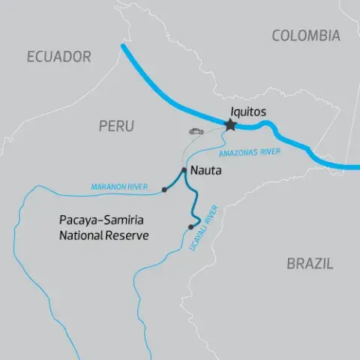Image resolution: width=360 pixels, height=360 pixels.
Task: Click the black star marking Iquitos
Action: [x=229, y=125]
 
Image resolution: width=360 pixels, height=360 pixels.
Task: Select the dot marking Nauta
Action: [x=184, y=169]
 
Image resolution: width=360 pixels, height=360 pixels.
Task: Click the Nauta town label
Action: [x=206, y=171]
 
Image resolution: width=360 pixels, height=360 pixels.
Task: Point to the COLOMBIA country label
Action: [x=305, y=35]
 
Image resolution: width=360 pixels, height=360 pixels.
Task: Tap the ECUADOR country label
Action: [x=58, y=56]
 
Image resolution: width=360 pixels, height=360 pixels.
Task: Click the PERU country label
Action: [x=116, y=127]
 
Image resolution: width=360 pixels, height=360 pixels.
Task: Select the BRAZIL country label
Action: [x=310, y=263]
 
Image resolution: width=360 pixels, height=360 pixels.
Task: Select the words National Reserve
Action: [x=103, y=235]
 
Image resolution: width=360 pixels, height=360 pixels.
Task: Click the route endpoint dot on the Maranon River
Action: [x=164, y=190]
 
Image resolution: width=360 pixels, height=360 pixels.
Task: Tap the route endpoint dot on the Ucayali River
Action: [x=191, y=226]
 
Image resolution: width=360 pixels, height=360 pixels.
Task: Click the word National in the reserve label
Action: [x=81, y=235]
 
